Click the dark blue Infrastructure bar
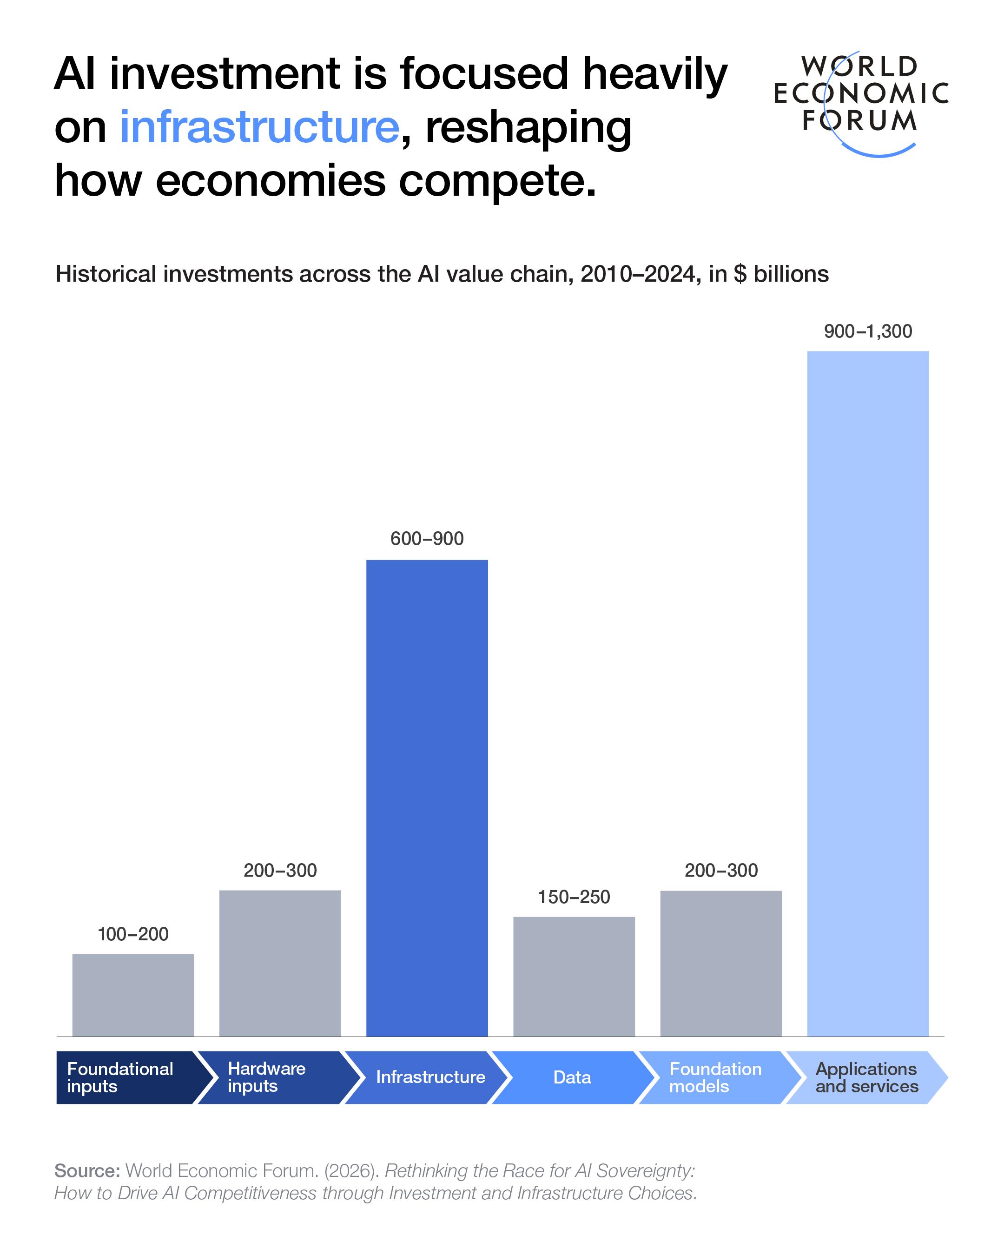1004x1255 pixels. click(427, 798)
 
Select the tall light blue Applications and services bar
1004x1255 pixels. click(867, 693)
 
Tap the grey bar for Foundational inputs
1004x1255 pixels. click(132, 995)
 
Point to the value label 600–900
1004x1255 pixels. click(427, 538)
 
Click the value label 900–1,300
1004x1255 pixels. click(867, 331)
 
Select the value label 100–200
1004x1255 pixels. click(132, 934)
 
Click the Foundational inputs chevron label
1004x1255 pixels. click(120, 1077)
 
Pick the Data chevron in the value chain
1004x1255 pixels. click(572, 1077)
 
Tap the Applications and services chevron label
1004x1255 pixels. click(866, 1077)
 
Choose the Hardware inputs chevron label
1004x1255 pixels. click(266, 1077)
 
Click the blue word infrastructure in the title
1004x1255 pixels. click(259, 126)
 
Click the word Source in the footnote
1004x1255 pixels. click(86, 1170)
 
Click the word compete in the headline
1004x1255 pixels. click(498, 180)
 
